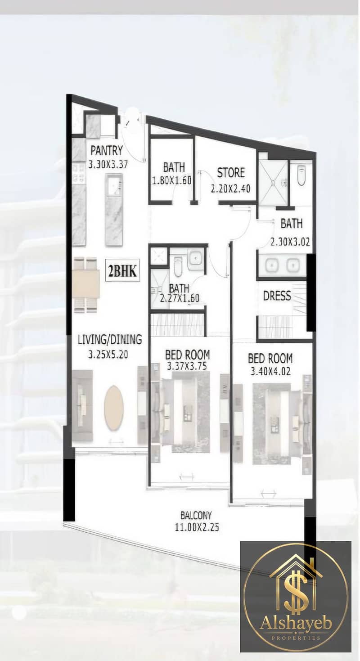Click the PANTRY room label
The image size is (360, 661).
coord(107,150)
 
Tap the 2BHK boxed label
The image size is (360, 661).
coord(122,271)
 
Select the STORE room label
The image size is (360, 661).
coord(231,173)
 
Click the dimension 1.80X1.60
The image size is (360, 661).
coord(172,180)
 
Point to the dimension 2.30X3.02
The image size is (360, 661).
coord(290,242)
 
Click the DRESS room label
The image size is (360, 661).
coord(277,296)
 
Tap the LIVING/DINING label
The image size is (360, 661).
coord(110,339)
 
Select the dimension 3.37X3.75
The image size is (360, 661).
coord(187,366)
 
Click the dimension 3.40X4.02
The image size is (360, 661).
coord(270,371)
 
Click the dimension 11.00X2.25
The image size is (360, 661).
coord(197,527)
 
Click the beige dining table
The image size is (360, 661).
coord(86,284)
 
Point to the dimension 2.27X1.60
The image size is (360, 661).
coord(180,298)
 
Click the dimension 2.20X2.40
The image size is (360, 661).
coord(230,188)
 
